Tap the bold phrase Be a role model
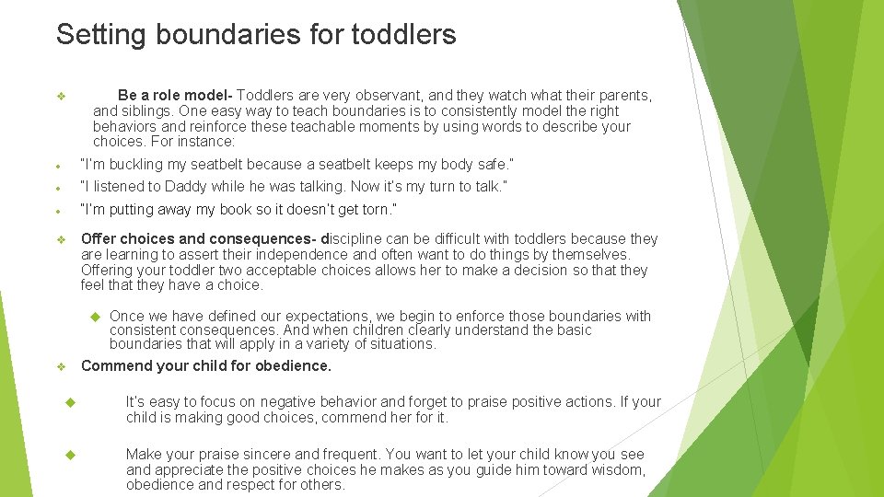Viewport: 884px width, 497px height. pyautogui.click(x=175, y=96)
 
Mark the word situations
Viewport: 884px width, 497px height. pyautogui.click(x=402, y=344)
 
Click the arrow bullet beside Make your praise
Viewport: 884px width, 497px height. pyautogui.click(x=70, y=455)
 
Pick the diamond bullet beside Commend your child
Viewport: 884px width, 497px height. pyautogui.click(x=61, y=367)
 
